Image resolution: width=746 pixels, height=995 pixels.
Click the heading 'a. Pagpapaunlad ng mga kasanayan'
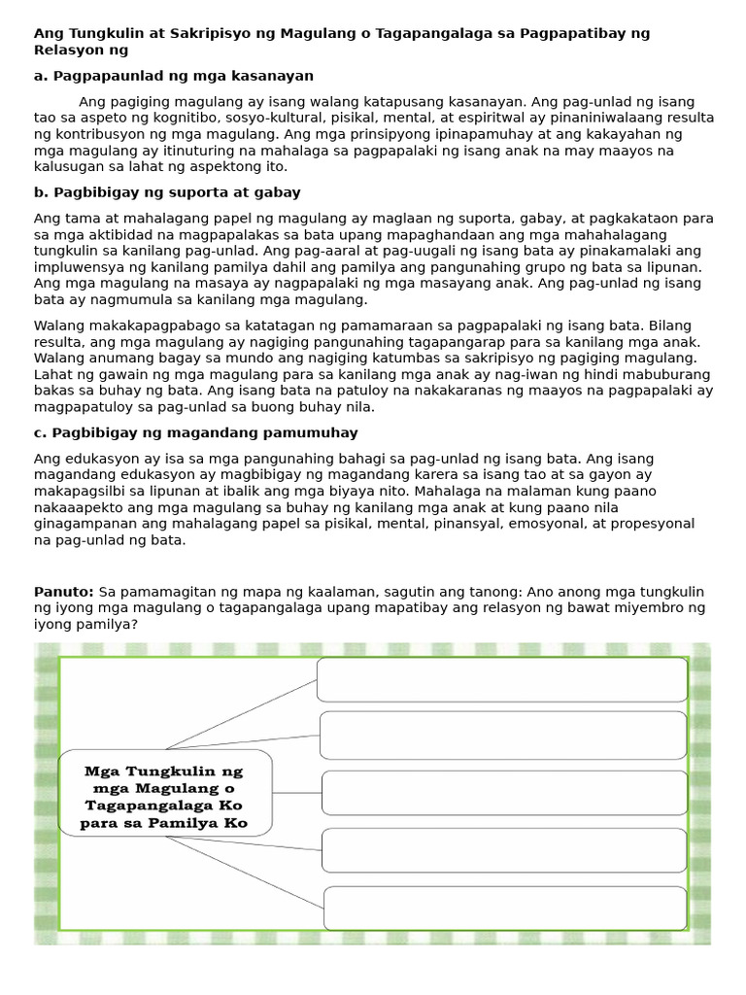tap(174, 76)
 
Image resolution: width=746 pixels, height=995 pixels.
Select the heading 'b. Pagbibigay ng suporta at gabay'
tap(167, 192)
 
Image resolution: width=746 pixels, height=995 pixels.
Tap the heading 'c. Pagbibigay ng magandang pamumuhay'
tap(195, 432)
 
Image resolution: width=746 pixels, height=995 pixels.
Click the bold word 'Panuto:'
tap(64, 592)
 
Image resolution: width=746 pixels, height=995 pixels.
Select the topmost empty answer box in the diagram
tap(502, 679)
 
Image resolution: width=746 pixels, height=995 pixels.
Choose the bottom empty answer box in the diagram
tap(505, 908)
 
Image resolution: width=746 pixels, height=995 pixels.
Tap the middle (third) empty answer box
tap(504, 793)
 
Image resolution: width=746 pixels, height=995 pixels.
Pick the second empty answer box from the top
tap(503, 736)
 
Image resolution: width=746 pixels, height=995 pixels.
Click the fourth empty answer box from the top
tap(504, 850)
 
